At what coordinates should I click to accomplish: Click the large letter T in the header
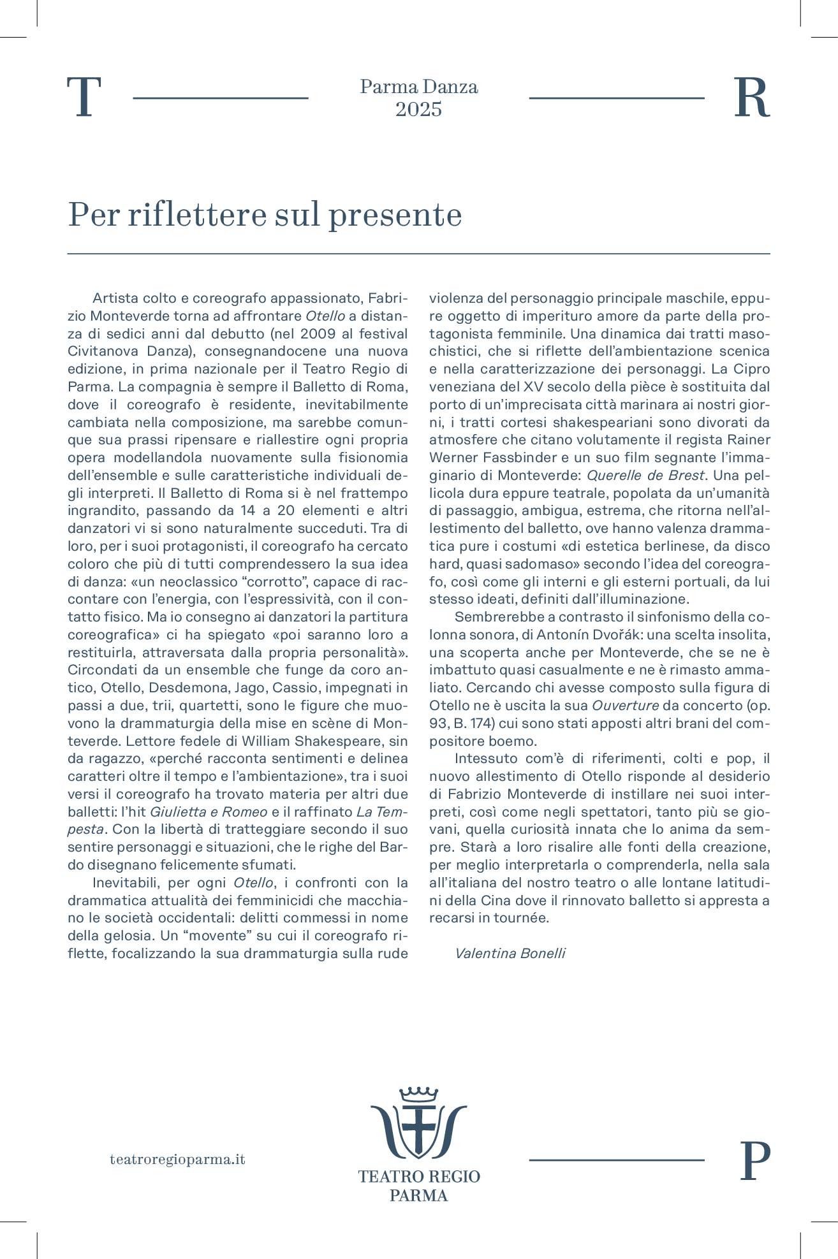pyautogui.click(x=85, y=98)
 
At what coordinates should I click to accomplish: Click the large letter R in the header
pyautogui.click(x=752, y=98)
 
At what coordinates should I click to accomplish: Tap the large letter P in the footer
pyautogui.click(x=754, y=1161)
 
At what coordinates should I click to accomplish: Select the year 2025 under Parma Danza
pyautogui.click(x=418, y=110)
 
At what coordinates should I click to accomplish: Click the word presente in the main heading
pyautogui.click(x=395, y=215)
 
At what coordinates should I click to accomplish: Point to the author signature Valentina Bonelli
pyautogui.click(x=510, y=954)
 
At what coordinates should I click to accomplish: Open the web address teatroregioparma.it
pyautogui.click(x=177, y=1160)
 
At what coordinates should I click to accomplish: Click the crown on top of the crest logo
pyautogui.click(x=418, y=1094)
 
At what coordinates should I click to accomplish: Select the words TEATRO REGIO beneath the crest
pyautogui.click(x=418, y=1176)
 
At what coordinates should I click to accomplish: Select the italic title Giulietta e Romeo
pyautogui.click(x=208, y=812)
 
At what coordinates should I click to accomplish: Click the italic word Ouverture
pyautogui.click(x=625, y=706)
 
